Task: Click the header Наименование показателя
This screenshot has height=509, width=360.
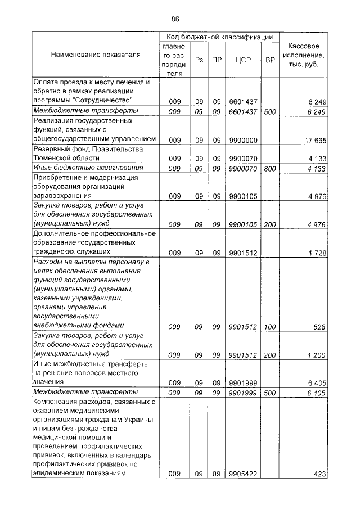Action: (x=95, y=55)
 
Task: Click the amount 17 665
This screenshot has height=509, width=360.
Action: (x=315, y=139)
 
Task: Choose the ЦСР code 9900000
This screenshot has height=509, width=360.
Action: (x=243, y=139)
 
